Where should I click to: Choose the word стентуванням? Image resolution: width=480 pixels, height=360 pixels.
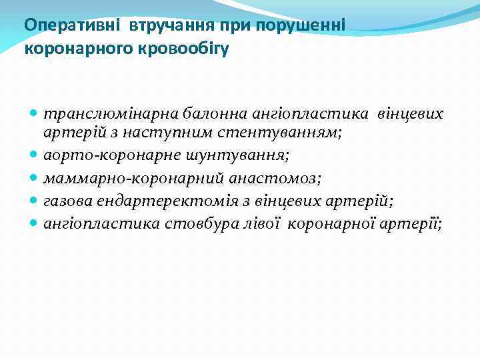[x=295, y=132]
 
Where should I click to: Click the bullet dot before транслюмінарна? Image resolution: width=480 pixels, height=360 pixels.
[x=34, y=114]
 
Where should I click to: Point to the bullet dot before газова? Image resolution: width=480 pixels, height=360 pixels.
[x=34, y=200]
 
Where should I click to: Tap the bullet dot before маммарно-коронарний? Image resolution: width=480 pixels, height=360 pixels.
[x=34, y=177]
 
